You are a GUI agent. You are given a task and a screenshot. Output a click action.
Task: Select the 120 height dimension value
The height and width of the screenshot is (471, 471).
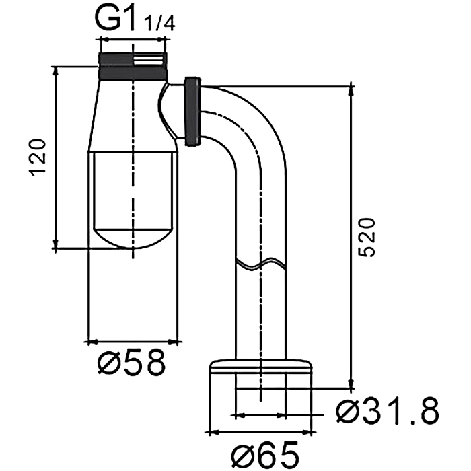tap(38, 159)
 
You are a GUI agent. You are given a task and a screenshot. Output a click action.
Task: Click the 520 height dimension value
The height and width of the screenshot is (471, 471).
tap(367, 237)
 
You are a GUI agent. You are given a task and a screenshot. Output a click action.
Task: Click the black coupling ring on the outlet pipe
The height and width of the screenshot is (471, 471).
tap(193, 110)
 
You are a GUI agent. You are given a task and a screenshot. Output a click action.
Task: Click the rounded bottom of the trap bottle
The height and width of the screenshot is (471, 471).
tap(134, 240)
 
